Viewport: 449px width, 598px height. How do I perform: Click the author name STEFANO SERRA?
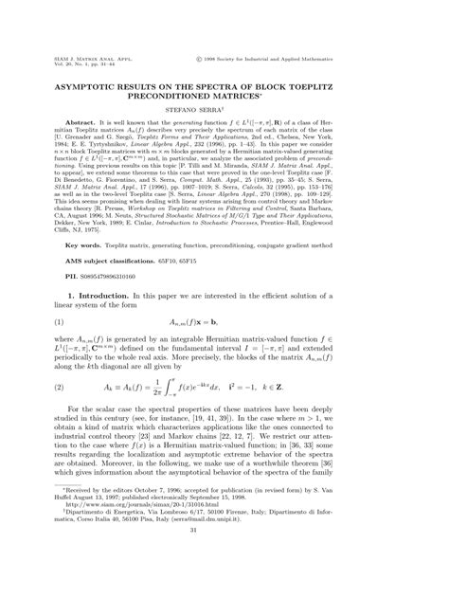(224, 110)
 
